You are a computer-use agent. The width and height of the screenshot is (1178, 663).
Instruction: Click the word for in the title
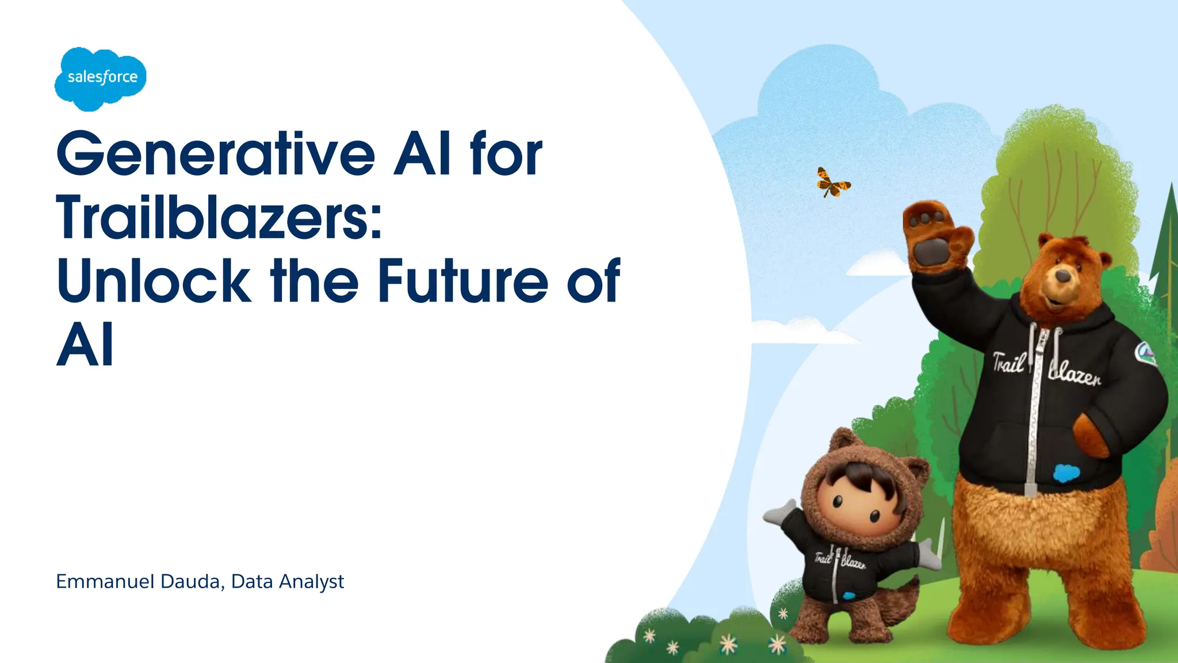(506, 154)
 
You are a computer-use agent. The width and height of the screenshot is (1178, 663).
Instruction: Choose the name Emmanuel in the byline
(105, 582)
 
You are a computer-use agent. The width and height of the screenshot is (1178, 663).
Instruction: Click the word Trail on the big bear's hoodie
(1009, 363)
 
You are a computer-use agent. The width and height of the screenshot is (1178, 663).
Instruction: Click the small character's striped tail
(897, 604)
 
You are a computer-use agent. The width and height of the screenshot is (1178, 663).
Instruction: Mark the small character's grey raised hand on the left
(779, 512)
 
